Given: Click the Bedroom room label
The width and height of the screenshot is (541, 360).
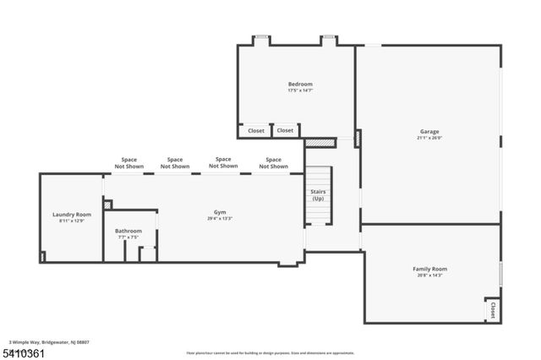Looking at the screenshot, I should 300,84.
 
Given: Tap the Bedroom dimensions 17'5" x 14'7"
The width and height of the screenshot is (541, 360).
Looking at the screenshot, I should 300,90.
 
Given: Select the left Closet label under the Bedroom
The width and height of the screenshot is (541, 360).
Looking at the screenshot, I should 256,131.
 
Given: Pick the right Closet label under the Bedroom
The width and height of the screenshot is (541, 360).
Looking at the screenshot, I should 285,131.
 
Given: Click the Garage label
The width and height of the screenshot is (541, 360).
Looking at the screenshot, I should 429,131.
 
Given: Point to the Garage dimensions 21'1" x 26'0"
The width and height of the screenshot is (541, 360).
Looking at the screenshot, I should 429,138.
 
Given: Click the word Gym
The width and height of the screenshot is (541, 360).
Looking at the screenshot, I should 219,212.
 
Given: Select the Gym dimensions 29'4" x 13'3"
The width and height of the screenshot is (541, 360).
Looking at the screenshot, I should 219,219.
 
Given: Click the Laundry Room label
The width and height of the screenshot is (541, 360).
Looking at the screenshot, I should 72,215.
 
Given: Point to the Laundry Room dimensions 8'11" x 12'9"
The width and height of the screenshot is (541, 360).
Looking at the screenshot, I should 72,221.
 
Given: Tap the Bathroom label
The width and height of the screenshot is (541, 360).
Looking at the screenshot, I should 128,231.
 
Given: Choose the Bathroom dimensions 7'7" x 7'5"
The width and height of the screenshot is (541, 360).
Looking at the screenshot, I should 128,237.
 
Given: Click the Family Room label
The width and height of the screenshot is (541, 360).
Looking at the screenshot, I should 429,269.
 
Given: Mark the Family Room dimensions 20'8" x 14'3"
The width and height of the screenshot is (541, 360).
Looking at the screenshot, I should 429,275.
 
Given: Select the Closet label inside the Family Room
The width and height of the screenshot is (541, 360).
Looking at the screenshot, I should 492,310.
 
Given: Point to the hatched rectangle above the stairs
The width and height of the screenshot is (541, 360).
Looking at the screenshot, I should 315,143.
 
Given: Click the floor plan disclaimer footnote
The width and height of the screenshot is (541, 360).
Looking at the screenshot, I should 270,353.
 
